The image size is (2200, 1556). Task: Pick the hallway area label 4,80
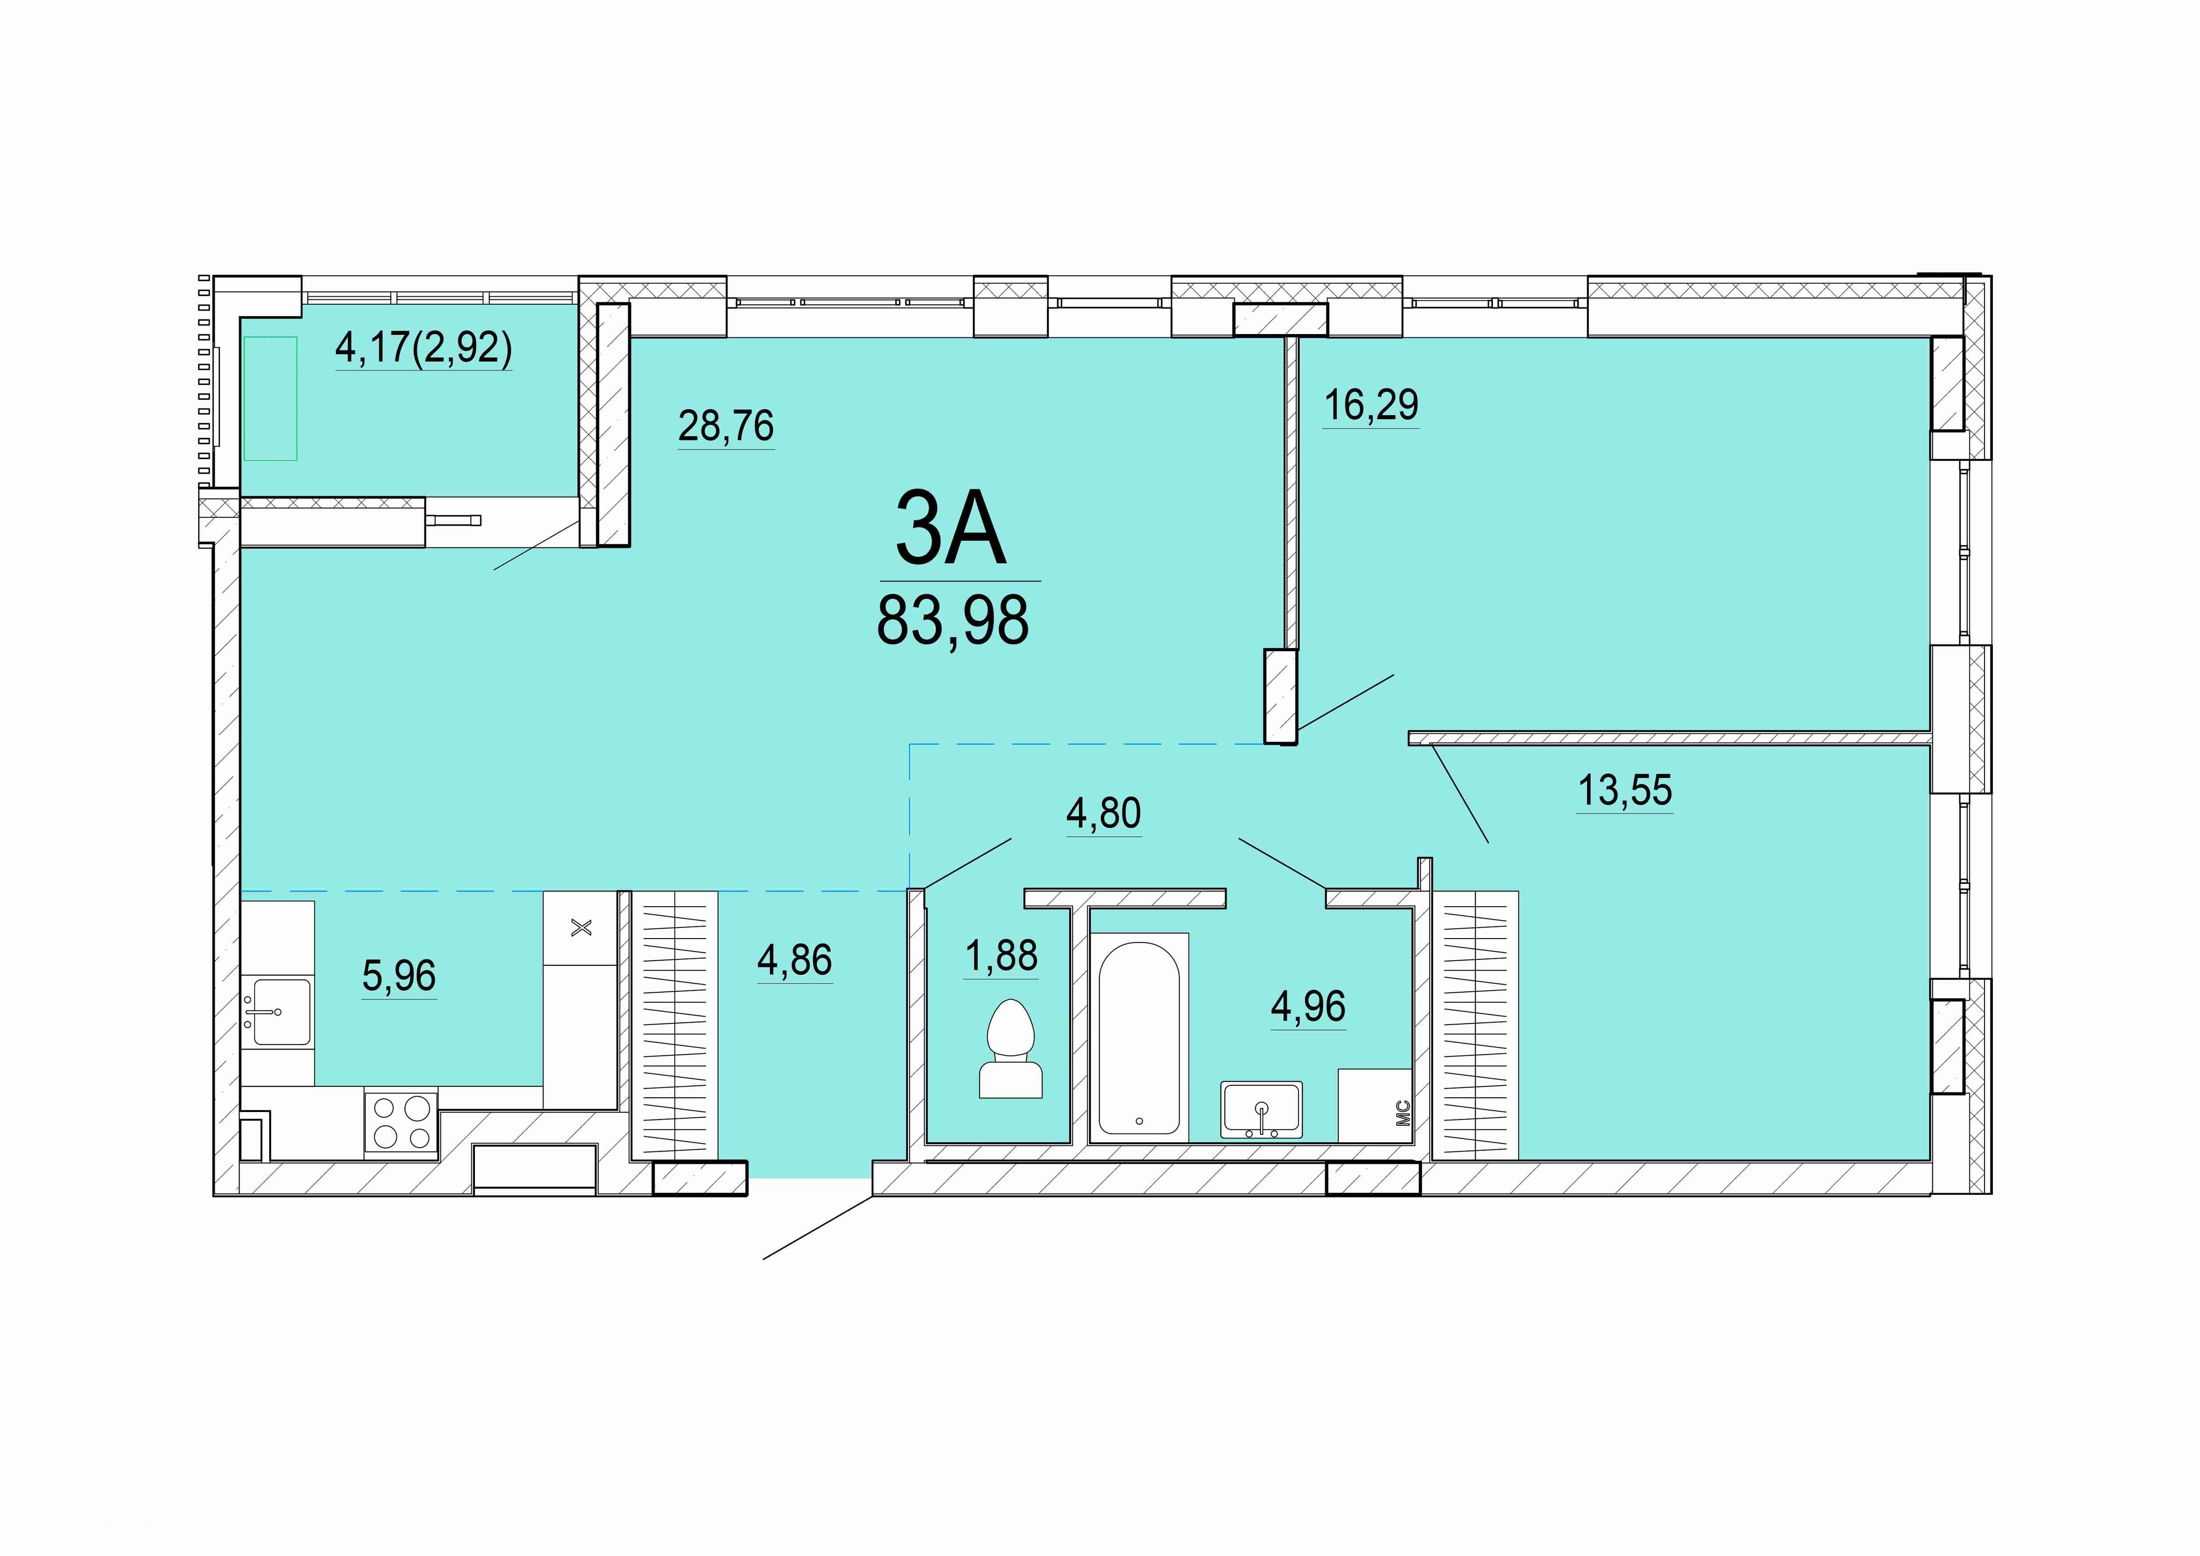1104,813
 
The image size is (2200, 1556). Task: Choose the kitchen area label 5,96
399,975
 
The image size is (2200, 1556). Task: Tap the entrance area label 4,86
794,960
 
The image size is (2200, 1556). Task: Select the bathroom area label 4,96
1308,1006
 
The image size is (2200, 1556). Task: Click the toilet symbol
1011,1048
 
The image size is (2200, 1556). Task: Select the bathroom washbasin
1261,1109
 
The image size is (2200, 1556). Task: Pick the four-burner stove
400,1122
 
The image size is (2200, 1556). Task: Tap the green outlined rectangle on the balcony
270,399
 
